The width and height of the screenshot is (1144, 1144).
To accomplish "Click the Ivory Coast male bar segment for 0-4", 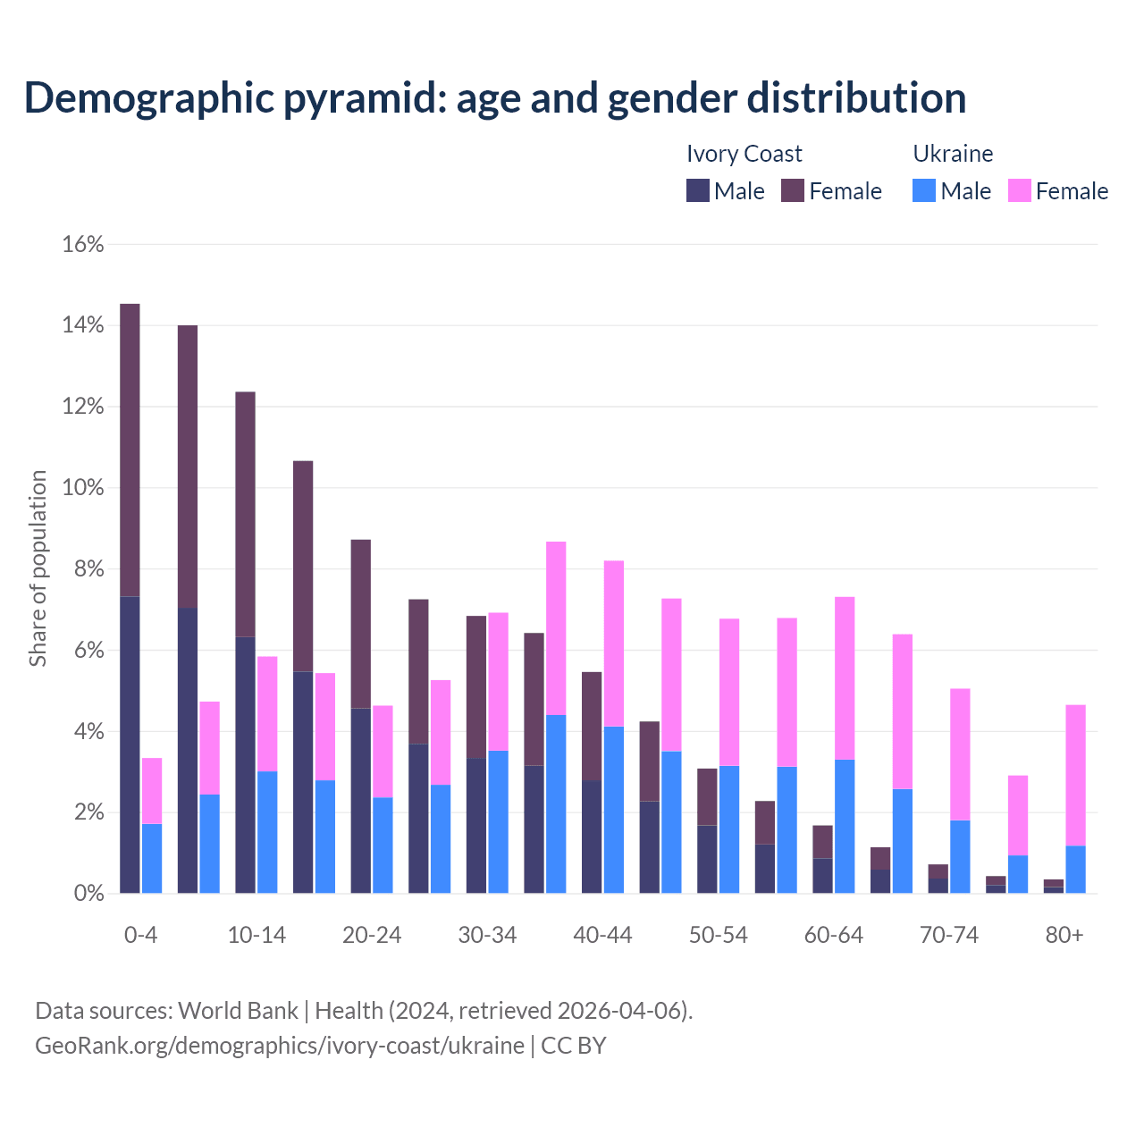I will [x=130, y=744].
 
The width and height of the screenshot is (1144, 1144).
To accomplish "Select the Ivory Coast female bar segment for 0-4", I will [x=130, y=450].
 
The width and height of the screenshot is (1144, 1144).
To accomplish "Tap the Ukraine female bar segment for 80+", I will [x=1075, y=775].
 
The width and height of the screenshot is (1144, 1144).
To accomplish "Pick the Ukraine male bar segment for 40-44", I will [x=614, y=810].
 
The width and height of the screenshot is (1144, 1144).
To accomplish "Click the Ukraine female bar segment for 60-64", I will [x=845, y=677].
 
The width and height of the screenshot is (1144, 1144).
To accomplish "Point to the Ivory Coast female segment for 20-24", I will [x=360, y=624].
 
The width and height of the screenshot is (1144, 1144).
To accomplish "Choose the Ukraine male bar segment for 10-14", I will [x=267, y=832].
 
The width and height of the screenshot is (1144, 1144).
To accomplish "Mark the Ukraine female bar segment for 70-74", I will [x=960, y=753].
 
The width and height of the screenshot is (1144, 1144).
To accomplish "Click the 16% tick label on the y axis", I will [x=83, y=244].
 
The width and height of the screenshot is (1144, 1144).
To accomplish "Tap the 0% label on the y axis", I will [x=88, y=894].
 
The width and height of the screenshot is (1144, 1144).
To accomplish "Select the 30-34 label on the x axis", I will [x=487, y=935].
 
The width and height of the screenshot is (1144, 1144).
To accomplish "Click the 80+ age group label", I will [x=1064, y=935].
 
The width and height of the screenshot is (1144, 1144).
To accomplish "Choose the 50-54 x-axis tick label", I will [x=719, y=935].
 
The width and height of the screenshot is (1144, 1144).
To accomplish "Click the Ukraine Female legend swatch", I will [x=1019, y=190].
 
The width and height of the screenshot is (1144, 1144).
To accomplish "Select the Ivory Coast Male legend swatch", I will [x=698, y=190].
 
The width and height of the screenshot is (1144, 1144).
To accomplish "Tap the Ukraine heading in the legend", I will [x=953, y=154].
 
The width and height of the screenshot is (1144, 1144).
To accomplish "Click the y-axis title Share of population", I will [x=38, y=568].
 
